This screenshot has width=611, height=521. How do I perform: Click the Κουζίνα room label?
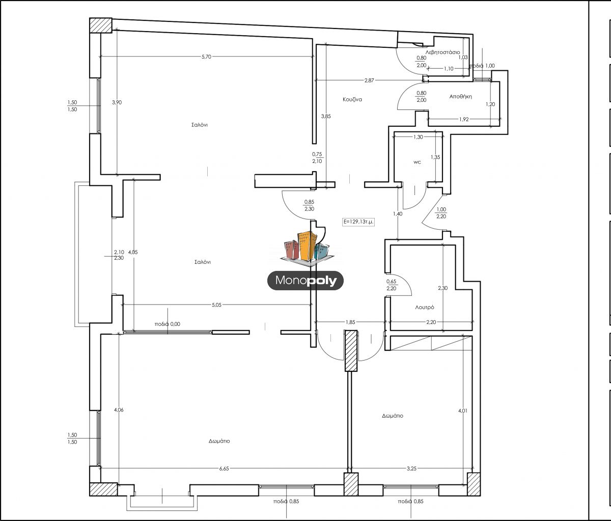(352, 99)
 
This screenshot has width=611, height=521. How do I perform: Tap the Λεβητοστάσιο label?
(442, 52)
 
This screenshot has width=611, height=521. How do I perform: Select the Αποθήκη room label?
(460, 96)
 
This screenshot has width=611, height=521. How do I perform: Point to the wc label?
(417, 162)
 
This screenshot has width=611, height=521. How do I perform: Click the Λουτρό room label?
(425, 307)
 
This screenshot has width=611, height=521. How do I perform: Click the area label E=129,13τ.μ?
(358, 222)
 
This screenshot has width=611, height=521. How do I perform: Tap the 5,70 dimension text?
(206, 57)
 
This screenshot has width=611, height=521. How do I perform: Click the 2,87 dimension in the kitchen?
(369, 80)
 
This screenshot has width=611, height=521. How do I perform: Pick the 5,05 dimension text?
(216, 305)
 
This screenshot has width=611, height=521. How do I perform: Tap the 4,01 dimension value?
(463, 410)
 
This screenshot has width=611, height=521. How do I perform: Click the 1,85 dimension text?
(350, 322)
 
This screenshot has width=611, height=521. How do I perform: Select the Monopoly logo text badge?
(305, 280)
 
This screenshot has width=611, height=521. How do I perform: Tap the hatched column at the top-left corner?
(100, 25)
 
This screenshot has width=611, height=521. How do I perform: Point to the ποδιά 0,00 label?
(168, 324)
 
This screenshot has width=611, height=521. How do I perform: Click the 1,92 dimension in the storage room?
(464, 120)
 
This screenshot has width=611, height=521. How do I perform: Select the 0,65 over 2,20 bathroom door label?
(391, 285)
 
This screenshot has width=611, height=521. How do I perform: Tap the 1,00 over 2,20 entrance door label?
(441, 213)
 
